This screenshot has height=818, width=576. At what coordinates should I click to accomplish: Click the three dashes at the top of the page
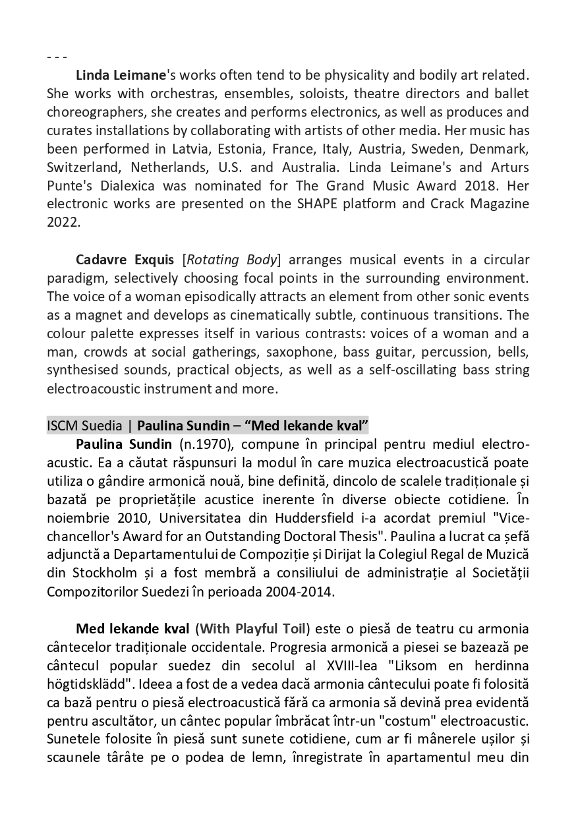[57, 57]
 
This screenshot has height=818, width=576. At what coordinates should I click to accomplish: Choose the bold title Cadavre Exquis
[125, 259]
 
